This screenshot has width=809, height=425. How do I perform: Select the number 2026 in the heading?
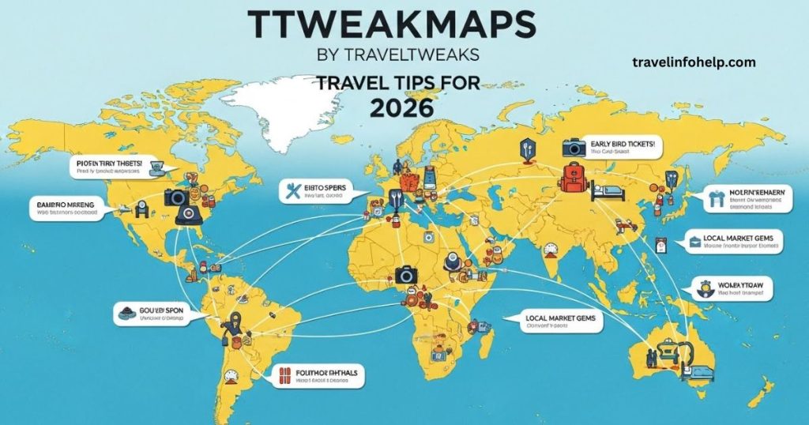coord(404,107)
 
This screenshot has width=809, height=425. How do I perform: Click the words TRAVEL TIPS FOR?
coord(402,81)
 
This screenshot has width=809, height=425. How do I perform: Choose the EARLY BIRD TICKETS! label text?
coord(623,145)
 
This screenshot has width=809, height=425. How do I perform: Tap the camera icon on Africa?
coord(407,275)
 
